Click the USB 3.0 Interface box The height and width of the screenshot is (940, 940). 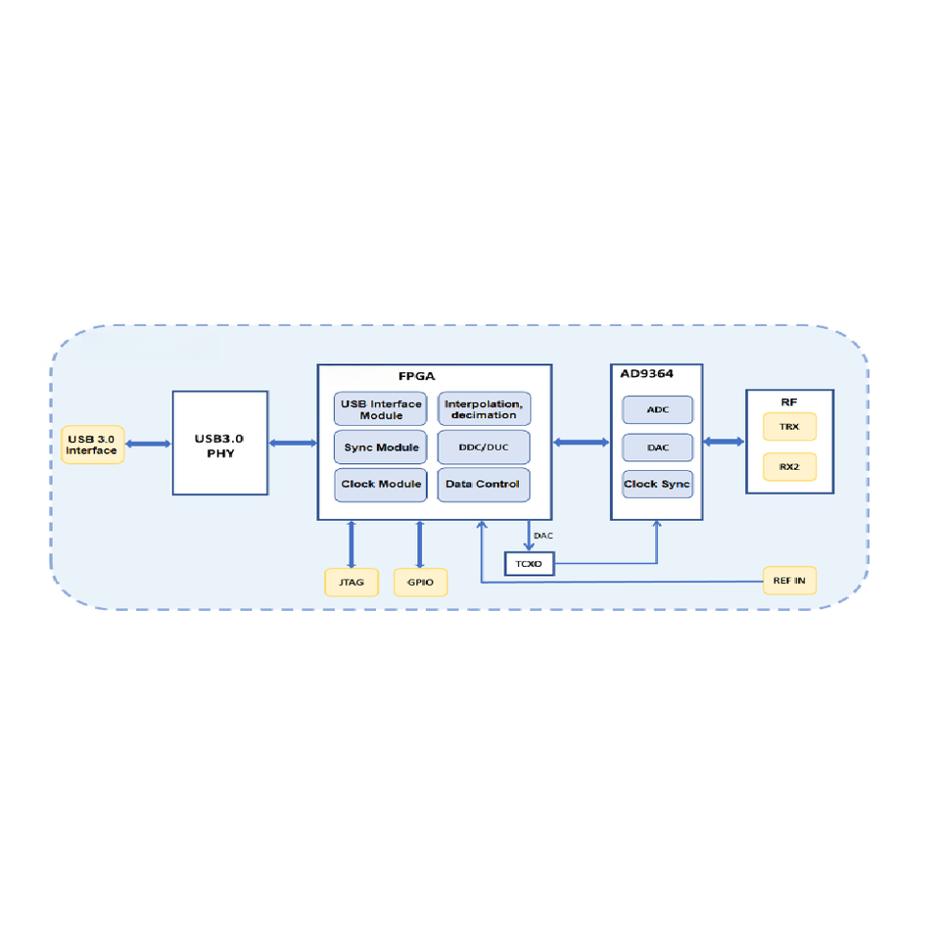[93, 445]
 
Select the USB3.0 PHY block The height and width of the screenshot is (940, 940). [220, 443]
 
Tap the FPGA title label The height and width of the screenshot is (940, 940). [417, 376]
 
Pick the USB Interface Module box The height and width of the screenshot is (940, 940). [381, 409]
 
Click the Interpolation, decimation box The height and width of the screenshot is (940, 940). [484, 409]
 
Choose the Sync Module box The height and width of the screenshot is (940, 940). [381, 447]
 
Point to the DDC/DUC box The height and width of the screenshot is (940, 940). [484, 447]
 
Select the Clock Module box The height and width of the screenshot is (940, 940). [381, 485]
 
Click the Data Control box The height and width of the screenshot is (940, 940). [484, 485]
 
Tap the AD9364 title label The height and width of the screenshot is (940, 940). [647, 374]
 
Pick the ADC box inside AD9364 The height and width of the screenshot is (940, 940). [658, 410]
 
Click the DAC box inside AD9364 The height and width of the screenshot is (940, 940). [658, 447]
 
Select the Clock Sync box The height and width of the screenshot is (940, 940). [658, 485]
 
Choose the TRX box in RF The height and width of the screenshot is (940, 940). [789, 427]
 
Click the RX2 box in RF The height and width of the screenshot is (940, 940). [789, 467]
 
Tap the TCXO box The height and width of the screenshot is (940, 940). [530, 564]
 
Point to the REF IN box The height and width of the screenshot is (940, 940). [789, 581]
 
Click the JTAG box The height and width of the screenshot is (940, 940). [352, 583]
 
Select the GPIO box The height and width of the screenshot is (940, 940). [420, 583]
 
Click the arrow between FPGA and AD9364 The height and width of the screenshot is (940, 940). [581, 443]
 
